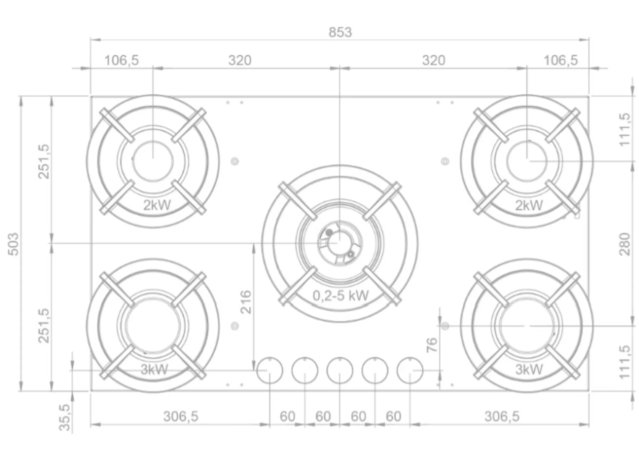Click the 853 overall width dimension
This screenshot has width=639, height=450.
click(x=340, y=32)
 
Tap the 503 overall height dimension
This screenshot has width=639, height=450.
click(x=14, y=244)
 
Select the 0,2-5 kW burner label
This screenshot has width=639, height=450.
click(x=341, y=295)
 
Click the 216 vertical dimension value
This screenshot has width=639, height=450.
click(x=246, y=302)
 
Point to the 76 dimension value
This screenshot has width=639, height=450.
click(x=432, y=345)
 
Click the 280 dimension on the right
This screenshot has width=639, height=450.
click(x=625, y=244)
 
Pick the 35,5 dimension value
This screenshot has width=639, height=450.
click(x=65, y=417)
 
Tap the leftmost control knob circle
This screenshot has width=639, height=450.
click(x=270, y=370)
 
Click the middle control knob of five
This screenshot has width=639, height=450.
click(x=340, y=370)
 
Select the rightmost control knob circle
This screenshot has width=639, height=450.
click(x=410, y=370)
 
